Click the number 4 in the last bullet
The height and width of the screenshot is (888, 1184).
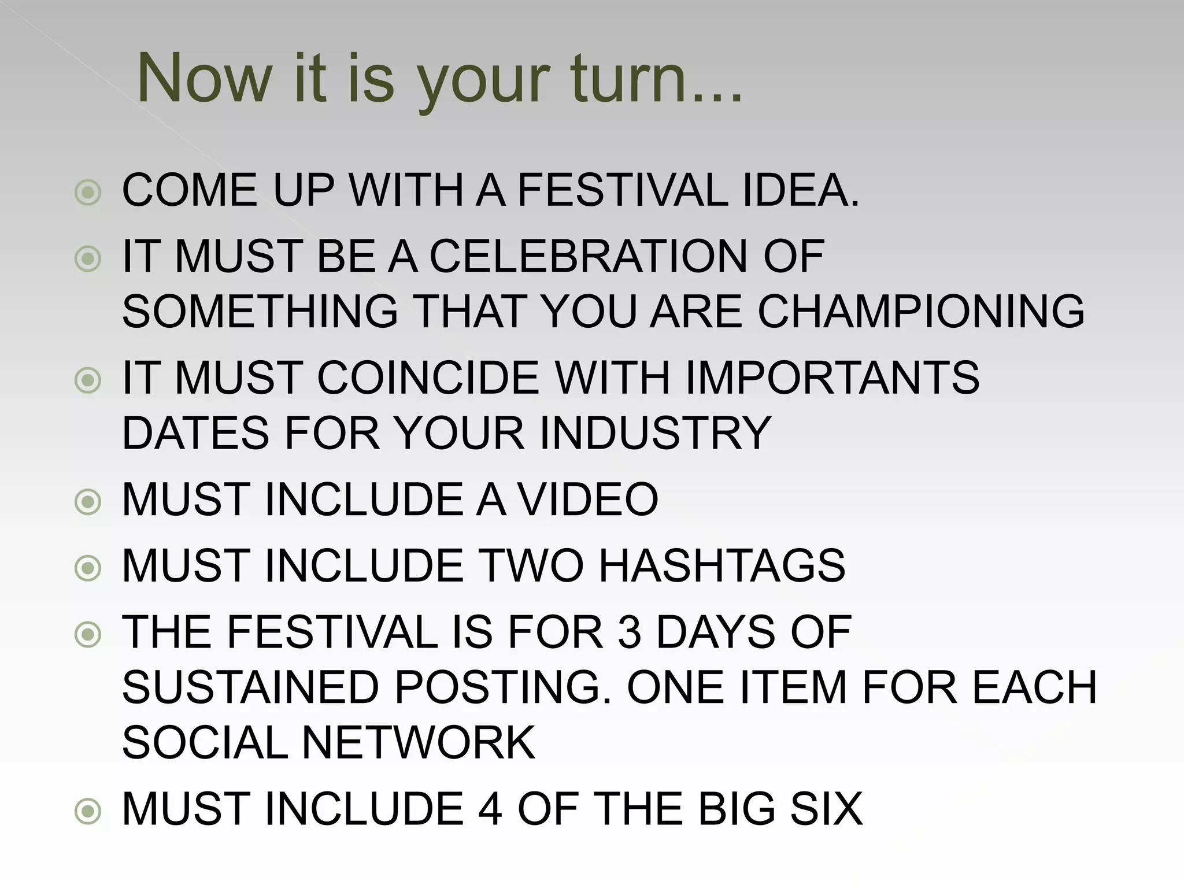[x=490, y=809]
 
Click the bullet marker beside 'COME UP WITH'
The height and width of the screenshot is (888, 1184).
[x=88, y=193]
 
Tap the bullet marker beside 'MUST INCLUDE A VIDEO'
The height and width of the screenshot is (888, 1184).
[x=88, y=502]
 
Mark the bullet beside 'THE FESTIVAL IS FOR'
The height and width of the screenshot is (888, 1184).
[x=88, y=635]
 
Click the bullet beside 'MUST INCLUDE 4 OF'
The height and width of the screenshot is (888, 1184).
[x=88, y=812]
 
